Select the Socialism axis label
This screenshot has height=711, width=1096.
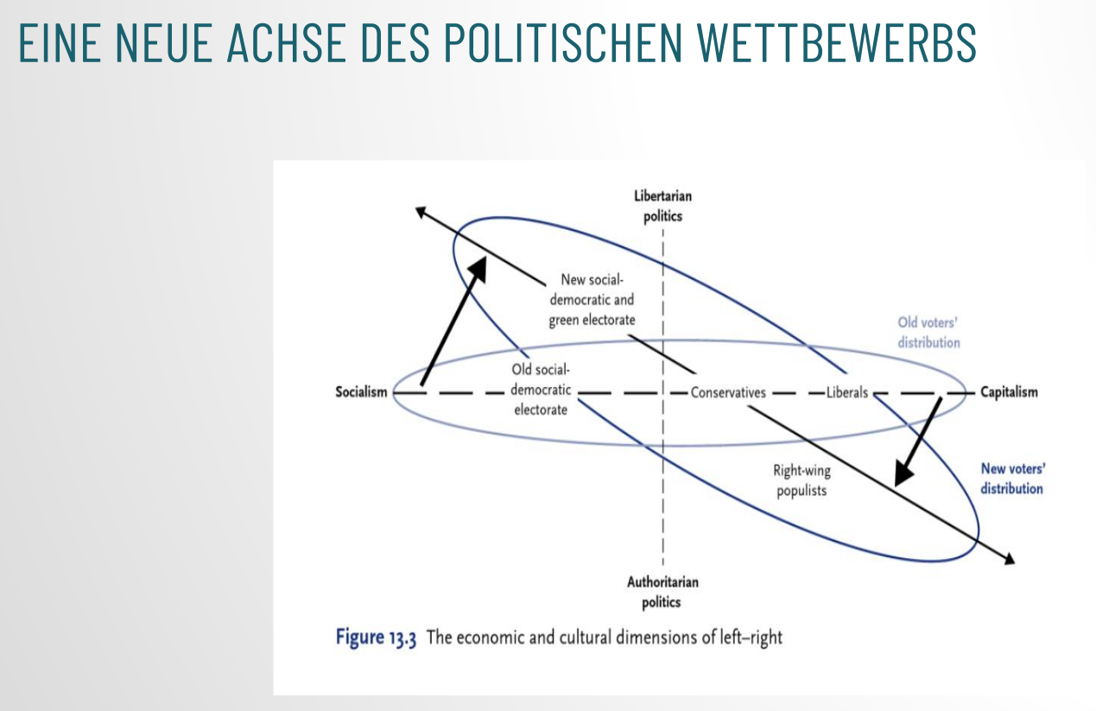click(x=361, y=392)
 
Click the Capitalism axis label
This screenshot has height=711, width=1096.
click(x=1009, y=392)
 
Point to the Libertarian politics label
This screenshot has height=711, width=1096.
click(x=662, y=206)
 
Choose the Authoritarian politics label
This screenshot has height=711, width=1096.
click(x=662, y=592)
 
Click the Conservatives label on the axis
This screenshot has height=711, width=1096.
click(x=728, y=392)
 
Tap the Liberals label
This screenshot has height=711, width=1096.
click(x=846, y=392)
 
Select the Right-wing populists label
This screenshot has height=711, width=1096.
click(x=801, y=481)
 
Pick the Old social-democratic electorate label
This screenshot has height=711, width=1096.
click(x=541, y=390)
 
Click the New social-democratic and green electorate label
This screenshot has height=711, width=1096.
click(x=592, y=300)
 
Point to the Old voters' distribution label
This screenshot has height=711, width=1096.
click(x=928, y=333)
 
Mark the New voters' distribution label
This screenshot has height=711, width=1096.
click(x=1012, y=479)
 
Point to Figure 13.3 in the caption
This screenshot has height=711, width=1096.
click(x=377, y=638)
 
